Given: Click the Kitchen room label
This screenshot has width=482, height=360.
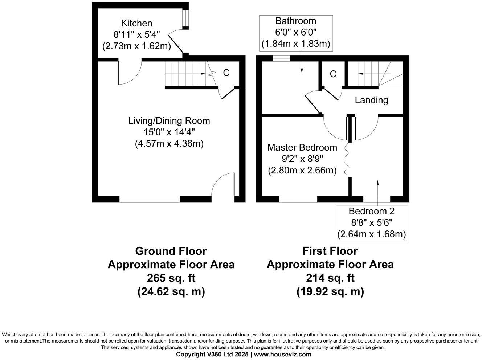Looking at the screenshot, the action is (x=136, y=23).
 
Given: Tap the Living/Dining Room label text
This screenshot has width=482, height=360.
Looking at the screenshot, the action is (x=169, y=121).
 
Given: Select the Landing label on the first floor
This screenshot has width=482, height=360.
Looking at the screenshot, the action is (x=371, y=100).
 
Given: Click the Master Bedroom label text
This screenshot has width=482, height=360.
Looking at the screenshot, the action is (x=302, y=147).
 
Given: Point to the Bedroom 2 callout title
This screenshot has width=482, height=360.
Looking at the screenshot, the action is (x=372, y=211).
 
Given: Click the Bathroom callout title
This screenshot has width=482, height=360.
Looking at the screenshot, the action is (x=296, y=21).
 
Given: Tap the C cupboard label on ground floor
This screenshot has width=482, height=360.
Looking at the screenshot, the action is (x=226, y=73).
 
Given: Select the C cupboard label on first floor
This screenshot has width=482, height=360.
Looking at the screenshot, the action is (x=333, y=74).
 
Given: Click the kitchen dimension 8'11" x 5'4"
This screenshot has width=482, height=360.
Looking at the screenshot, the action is (x=136, y=35).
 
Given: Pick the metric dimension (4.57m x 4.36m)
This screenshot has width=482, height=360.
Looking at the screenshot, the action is (x=169, y=144).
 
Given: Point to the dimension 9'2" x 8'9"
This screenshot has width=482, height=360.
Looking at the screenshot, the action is (x=302, y=159).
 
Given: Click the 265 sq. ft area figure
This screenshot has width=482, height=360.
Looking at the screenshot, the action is (x=171, y=278).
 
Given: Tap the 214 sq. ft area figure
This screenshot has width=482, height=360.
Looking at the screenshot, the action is (x=330, y=278).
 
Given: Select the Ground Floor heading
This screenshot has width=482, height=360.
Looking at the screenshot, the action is (x=171, y=251).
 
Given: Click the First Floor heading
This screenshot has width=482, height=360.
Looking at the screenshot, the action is (x=330, y=251).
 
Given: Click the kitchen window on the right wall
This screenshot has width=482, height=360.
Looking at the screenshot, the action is (x=186, y=17).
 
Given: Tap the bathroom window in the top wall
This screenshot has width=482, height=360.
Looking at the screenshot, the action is (x=281, y=58).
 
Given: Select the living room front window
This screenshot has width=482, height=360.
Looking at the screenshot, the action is (x=150, y=199).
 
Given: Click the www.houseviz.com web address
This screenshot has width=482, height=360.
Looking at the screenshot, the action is (x=283, y=354).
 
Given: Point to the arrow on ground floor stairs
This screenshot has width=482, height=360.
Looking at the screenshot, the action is (x=203, y=74).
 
